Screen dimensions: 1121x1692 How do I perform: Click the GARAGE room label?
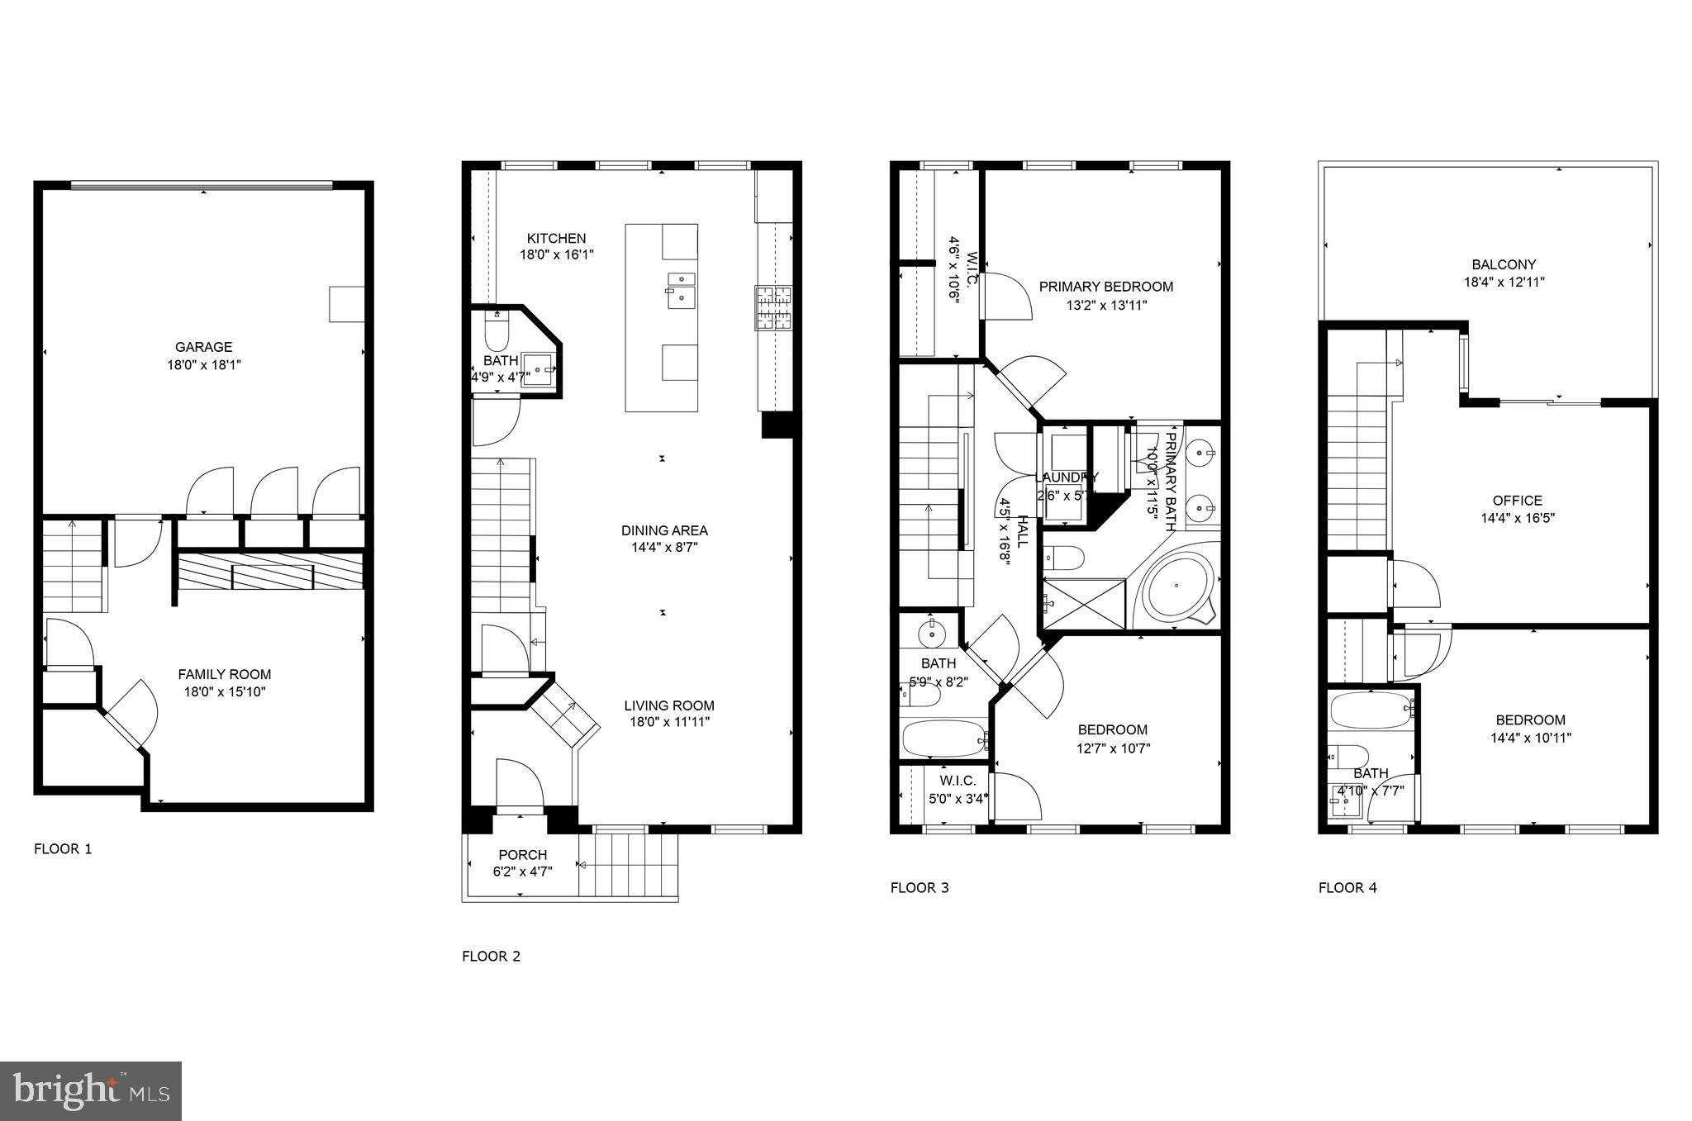pos(203,347)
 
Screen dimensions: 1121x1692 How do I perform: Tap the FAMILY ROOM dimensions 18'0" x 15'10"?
pos(225,692)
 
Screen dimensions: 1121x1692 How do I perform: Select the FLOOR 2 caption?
pos(491,957)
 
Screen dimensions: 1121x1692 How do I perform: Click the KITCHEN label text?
pos(556,239)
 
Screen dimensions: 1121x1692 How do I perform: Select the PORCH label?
pos(522,855)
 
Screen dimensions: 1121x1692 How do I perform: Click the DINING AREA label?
pos(664,530)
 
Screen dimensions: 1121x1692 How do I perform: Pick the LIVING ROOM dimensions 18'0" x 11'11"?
pos(668,723)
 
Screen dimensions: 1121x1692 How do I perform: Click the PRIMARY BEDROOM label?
pos(1105,287)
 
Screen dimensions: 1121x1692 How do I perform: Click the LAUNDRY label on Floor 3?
pos(1067,477)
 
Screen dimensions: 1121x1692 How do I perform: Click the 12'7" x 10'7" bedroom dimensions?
pos(1114,748)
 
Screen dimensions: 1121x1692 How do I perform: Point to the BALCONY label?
pos(1504,264)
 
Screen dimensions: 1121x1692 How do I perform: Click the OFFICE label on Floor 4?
pos(1517,501)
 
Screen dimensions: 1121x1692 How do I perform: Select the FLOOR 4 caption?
pos(1347,888)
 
